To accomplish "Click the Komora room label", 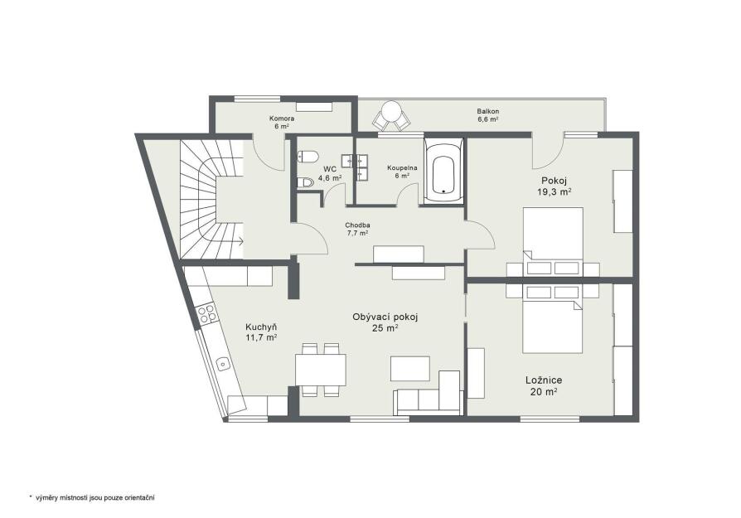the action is (x=282, y=119).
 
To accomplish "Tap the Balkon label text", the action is (x=487, y=111).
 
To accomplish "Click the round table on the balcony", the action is (x=392, y=112).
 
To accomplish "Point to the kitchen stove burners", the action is (x=206, y=314).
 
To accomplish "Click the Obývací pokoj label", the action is (x=385, y=317).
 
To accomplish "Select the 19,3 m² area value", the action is (x=555, y=191).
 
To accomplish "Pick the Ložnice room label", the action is (x=544, y=380).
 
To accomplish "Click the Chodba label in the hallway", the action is (x=357, y=225).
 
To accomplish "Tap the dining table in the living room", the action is (x=321, y=370).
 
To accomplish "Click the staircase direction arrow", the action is (x=240, y=242).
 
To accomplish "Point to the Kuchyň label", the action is (x=261, y=327).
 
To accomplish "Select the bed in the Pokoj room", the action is (x=553, y=241).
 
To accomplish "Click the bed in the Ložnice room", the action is (x=553, y=318).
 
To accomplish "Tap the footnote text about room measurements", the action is (x=92, y=497).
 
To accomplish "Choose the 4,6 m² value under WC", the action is (x=330, y=178).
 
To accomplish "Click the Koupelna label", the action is (x=402, y=167).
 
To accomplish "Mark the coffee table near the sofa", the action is (x=410, y=369).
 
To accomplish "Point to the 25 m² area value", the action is (x=385, y=328).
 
